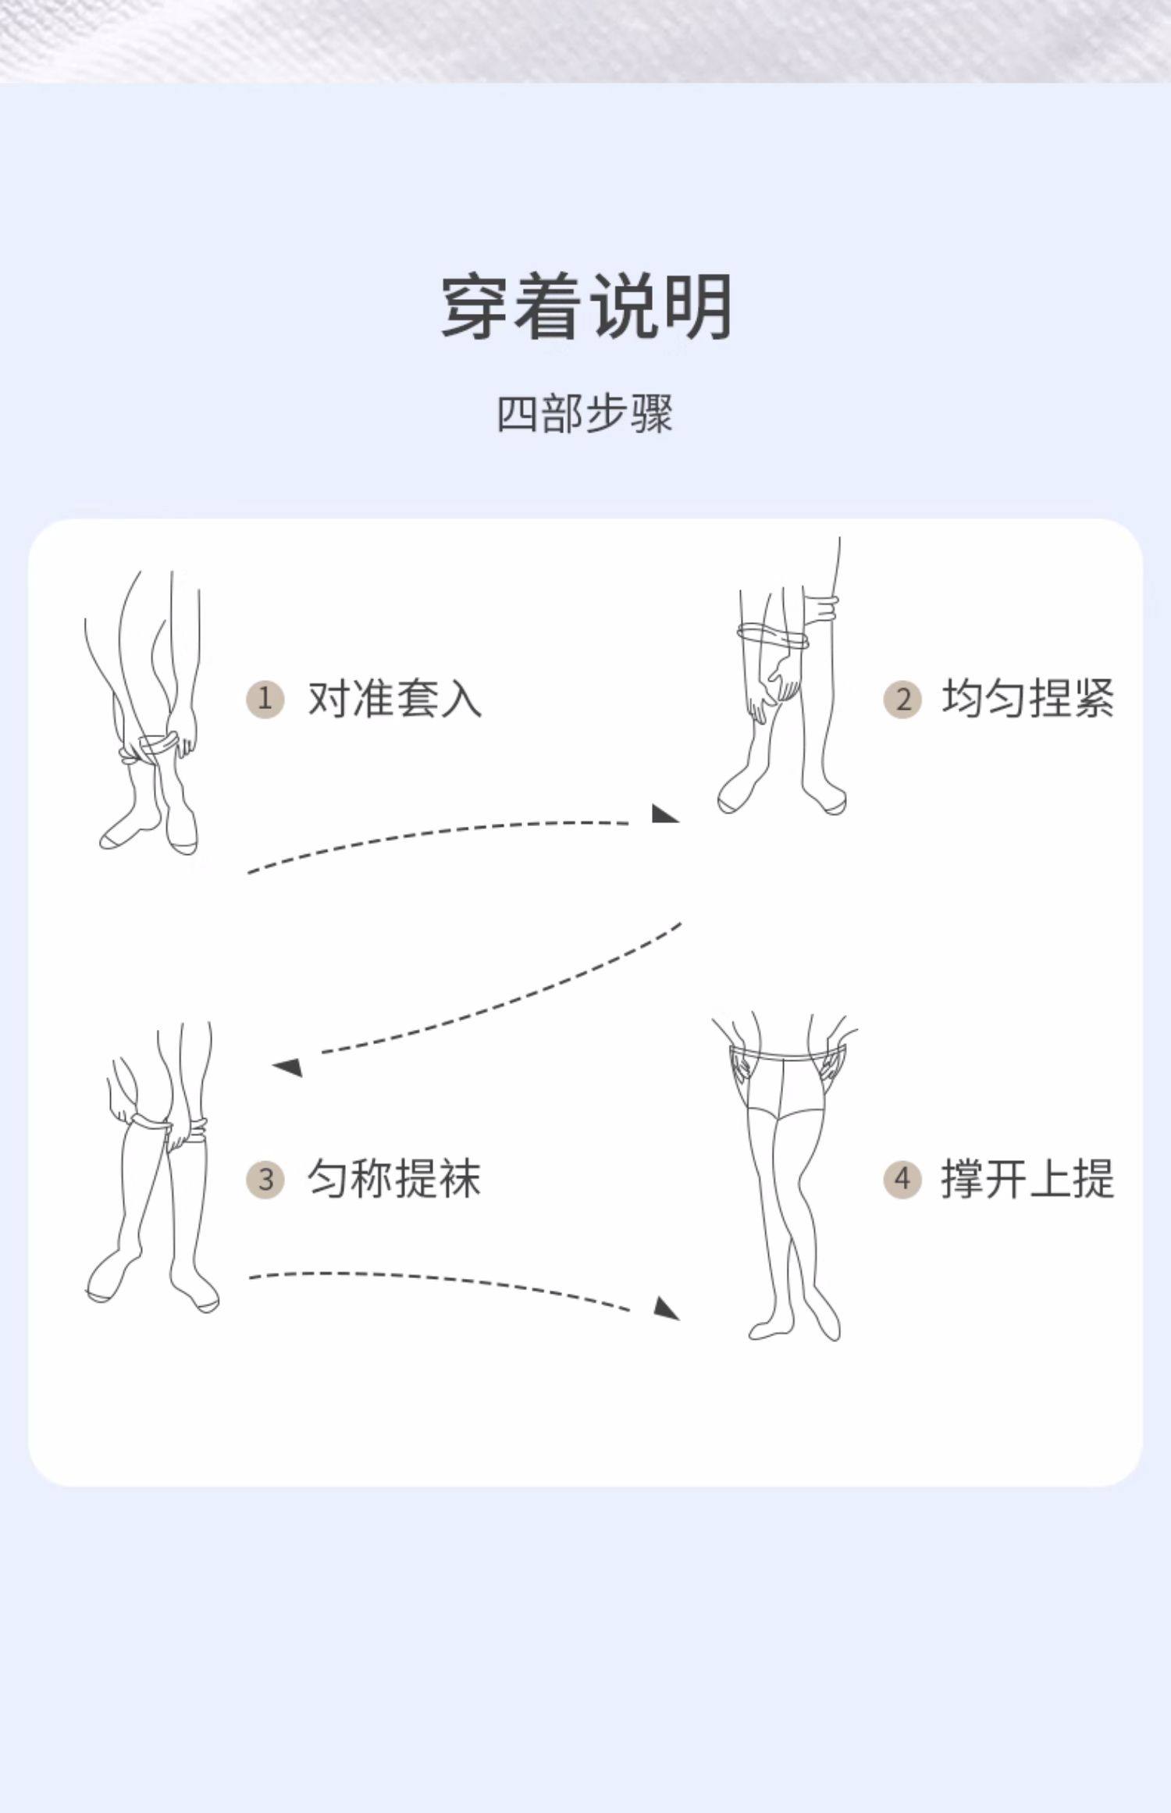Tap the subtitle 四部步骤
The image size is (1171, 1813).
pos(585,414)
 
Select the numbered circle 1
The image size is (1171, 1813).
pos(265,698)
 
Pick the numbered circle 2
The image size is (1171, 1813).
pos(902,698)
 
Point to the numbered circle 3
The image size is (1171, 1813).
pos(265,1179)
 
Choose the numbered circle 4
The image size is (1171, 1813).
pos(902,1179)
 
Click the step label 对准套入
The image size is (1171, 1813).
pos(394,698)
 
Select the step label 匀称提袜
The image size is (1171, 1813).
pos(394,1179)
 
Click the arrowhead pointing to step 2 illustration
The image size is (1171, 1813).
pos(664,814)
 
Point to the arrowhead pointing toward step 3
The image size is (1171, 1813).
pos(288,1066)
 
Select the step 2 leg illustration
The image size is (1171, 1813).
pos(785,679)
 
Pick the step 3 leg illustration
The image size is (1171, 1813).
pos(156,1171)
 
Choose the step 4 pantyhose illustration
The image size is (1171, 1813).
pos(788,1179)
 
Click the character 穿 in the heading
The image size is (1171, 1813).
pos(476,306)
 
